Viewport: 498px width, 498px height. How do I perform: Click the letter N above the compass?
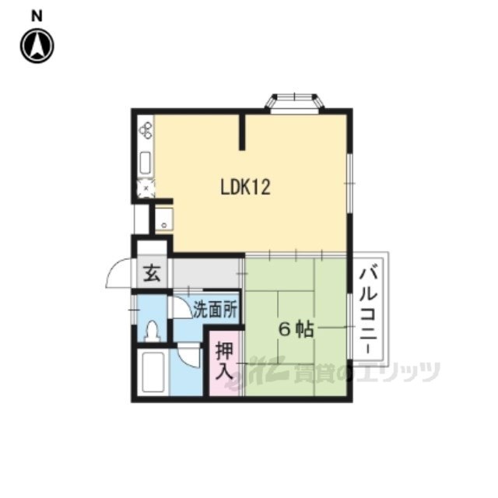pyautogui.click(x=37, y=16)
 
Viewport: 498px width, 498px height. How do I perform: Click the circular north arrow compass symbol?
pyautogui.click(x=37, y=46)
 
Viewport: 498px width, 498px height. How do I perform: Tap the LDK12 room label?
pyautogui.click(x=245, y=187)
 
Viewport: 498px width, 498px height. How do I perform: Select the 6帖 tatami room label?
pyautogui.click(x=296, y=330)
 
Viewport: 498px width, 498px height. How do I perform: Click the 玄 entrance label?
pyautogui.click(x=152, y=274)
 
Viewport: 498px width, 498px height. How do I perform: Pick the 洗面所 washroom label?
pyautogui.click(x=216, y=309)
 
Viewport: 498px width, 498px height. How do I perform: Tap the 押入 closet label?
pyautogui.click(x=225, y=361)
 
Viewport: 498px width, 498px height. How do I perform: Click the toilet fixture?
pyautogui.click(x=153, y=331)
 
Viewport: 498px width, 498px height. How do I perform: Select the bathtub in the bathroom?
pyautogui.click(x=153, y=372)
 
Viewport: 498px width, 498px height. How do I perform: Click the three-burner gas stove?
pyautogui.click(x=146, y=130)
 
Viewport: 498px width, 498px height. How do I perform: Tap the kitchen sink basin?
pyautogui.click(x=146, y=163)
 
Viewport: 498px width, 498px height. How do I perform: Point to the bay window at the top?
pyautogui.click(x=294, y=103)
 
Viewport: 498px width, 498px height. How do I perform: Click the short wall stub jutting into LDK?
pyautogui.click(x=242, y=132)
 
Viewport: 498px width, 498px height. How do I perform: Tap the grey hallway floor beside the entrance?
pyautogui.click(x=205, y=274)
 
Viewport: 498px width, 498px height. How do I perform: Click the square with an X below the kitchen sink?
pyautogui.click(x=146, y=188)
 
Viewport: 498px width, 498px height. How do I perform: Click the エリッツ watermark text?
pyautogui.click(x=398, y=372)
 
